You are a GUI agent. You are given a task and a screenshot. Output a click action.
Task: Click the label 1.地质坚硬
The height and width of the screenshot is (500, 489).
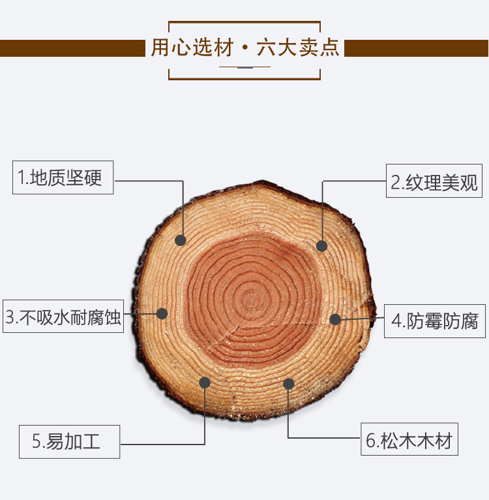[x=63, y=178]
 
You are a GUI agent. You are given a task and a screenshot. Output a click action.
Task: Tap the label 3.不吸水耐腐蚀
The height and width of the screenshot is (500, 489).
[x=63, y=317]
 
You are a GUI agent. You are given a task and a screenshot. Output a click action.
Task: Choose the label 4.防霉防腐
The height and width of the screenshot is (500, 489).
[x=435, y=320]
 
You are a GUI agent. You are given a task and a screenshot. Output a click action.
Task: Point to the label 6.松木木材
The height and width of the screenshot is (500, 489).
[x=409, y=441]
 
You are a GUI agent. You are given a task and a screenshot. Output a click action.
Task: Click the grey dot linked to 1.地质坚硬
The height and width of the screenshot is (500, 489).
[x=181, y=240]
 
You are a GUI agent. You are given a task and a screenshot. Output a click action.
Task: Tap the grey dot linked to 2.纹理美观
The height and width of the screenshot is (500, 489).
[x=321, y=246]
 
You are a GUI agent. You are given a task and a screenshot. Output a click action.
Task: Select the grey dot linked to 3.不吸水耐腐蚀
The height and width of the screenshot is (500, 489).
[x=162, y=313]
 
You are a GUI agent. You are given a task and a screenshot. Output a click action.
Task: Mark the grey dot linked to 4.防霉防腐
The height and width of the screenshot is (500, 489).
[x=335, y=319]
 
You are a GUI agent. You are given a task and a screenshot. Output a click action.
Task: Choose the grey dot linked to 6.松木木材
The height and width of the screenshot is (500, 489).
[x=289, y=383]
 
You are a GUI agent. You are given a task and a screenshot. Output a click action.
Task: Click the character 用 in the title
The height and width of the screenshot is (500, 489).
[x=160, y=48]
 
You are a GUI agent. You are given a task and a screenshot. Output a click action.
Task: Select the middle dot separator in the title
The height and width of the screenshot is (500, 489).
[x=244, y=49]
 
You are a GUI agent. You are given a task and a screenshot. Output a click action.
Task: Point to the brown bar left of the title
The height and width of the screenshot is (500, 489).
[x=72, y=48]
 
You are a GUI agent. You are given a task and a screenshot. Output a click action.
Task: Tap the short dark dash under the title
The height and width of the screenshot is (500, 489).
[x=244, y=67]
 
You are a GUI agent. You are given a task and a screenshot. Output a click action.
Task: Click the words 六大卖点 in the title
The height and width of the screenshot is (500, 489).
[x=297, y=48]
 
